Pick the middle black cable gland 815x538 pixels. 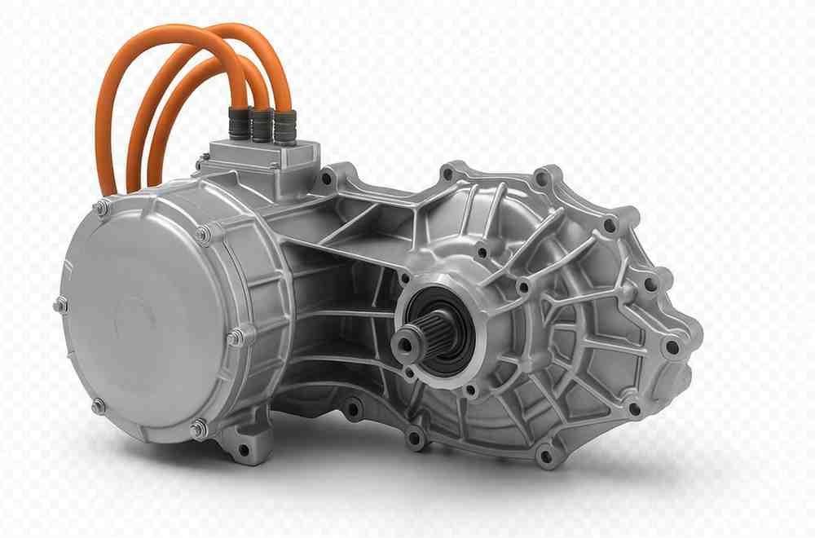tap(262, 124)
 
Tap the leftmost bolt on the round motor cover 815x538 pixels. tap(61, 306)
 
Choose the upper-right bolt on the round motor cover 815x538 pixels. tap(203, 236)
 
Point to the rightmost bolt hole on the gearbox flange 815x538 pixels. tap(673, 347)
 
